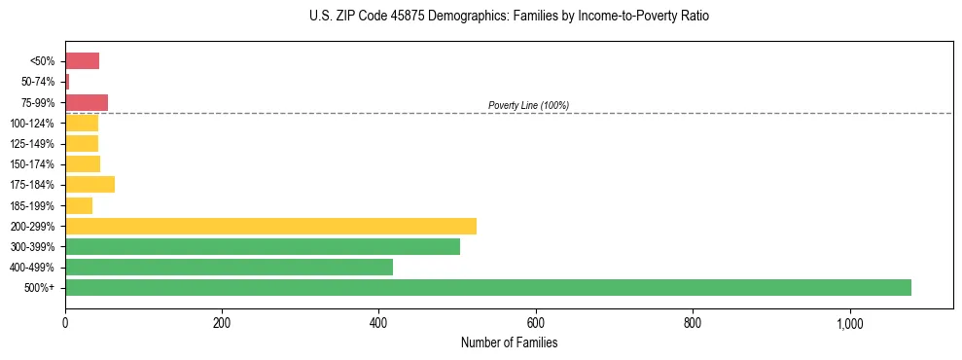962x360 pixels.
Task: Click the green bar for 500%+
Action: click(x=487, y=287)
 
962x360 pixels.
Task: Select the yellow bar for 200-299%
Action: click(x=270, y=226)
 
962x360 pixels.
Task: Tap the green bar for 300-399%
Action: click(x=263, y=246)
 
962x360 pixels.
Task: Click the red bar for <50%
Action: click(x=82, y=61)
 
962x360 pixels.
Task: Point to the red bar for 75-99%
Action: click(x=87, y=102)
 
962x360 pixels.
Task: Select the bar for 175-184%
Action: click(x=89, y=184)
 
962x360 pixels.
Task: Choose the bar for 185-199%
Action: click(x=79, y=205)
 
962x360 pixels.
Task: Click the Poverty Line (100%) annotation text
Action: click(x=528, y=105)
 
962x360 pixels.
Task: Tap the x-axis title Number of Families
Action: click(x=509, y=342)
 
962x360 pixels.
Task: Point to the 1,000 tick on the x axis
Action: click(x=849, y=322)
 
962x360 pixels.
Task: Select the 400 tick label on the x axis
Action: click(x=378, y=322)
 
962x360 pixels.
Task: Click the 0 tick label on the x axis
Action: click(x=65, y=322)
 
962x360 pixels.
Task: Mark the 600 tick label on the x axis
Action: click(x=535, y=322)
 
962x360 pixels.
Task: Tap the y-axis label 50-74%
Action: click(x=37, y=82)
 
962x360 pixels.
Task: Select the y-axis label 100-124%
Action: click(x=33, y=124)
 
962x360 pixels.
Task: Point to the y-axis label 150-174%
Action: click(x=33, y=164)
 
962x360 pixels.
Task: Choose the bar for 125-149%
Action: click(x=82, y=143)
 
